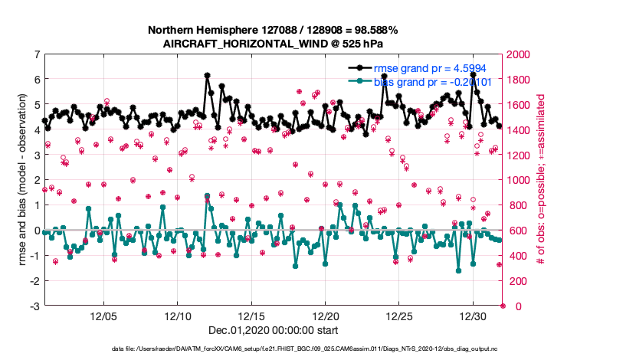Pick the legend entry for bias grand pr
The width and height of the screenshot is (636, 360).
coord(429,81)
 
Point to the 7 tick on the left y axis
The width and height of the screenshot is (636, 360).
coord(36,54)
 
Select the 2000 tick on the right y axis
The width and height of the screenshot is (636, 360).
coord(518,54)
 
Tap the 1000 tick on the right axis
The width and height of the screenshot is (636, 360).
coord(518,180)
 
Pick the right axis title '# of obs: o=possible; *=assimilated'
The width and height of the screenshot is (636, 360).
coord(541,180)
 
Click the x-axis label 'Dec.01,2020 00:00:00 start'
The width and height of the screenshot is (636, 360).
coord(273,330)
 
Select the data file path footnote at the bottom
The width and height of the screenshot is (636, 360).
coord(273,349)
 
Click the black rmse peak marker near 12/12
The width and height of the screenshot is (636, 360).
coord(208,76)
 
